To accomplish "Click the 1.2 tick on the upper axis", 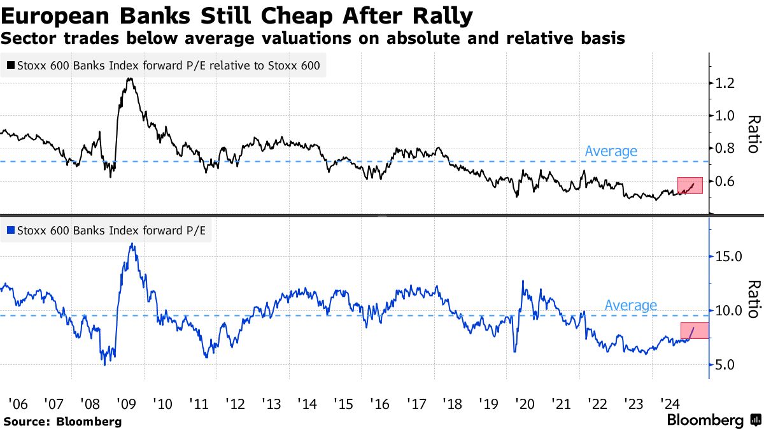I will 726,83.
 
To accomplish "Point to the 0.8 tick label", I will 726,148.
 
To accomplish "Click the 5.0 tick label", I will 726,365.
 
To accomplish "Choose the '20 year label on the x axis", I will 526,404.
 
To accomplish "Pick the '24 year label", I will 671,404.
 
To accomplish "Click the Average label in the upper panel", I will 611,151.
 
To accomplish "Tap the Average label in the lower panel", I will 630,305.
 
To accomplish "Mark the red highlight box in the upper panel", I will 690,185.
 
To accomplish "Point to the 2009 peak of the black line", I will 130,79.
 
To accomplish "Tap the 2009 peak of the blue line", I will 131,244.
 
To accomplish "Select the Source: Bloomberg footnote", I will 62,421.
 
